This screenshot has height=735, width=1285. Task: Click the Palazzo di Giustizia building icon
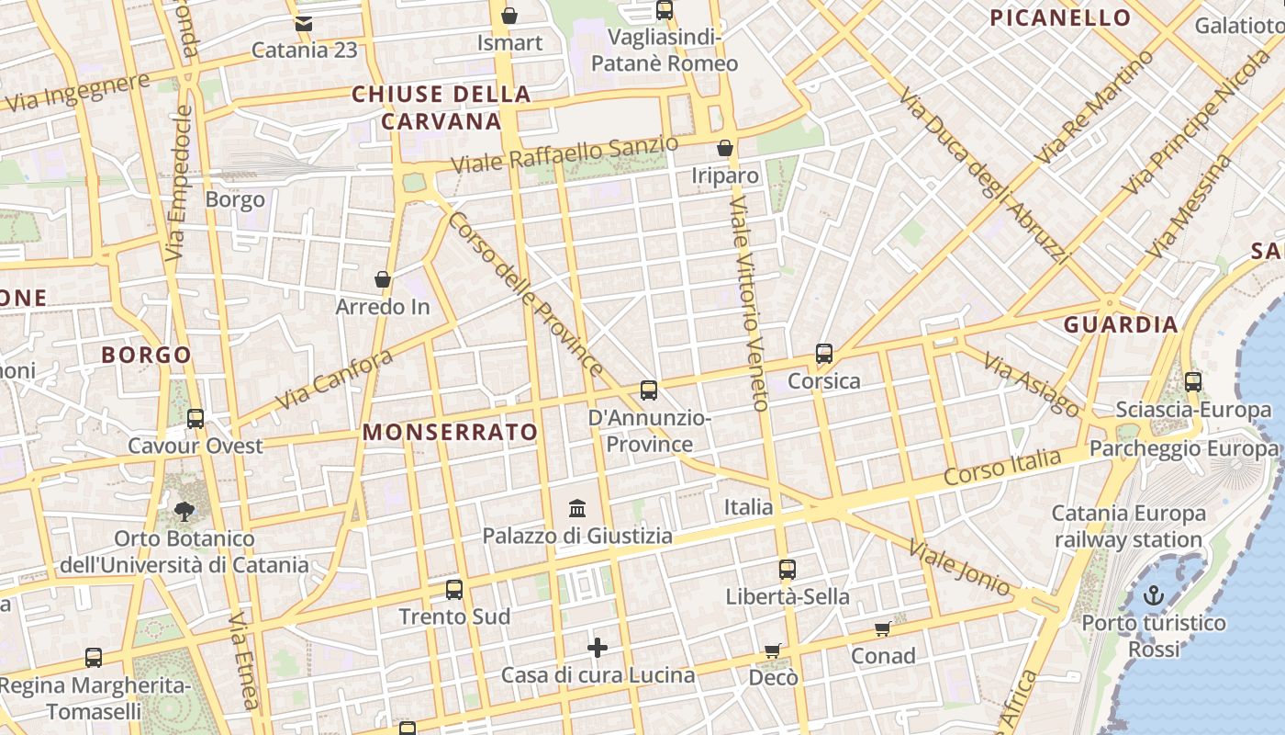578,508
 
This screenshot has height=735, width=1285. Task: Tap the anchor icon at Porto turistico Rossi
1154,596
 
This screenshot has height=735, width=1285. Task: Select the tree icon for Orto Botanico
184,512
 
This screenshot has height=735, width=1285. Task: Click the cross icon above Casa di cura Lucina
598,649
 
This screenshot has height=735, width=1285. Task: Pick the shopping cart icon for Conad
883,629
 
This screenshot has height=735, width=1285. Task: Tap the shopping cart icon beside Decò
773,651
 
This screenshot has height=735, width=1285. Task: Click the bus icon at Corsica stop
824,354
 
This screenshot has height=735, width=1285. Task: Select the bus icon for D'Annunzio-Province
649,390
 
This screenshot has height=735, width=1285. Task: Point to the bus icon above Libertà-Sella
788,570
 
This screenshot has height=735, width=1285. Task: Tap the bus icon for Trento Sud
454,590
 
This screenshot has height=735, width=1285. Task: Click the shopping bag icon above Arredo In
383,279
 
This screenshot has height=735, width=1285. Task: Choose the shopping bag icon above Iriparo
725,148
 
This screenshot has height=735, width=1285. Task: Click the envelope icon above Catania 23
304,23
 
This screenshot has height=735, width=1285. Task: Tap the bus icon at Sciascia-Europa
1193,382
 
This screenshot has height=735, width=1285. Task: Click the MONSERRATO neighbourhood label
450,432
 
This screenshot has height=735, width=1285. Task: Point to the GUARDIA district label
1121,324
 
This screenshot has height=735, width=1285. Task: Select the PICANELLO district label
1060,17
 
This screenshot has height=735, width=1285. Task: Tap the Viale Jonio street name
959,569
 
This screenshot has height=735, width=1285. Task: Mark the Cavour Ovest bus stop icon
196,419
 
